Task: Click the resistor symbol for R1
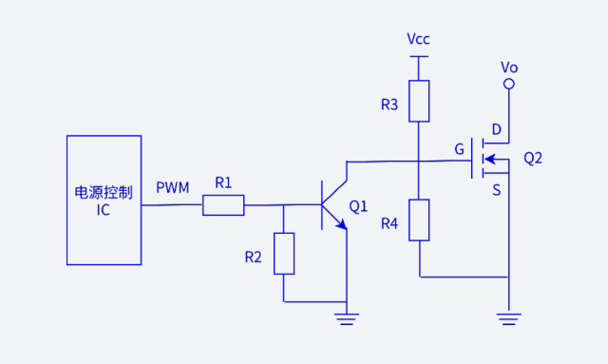pos(223,204)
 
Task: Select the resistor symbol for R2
pos(284,253)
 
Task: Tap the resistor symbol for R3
pos(419,102)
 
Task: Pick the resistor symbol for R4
pos(419,220)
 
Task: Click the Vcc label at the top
pos(418,39)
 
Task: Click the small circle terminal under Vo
pos(509,85)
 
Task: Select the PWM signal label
pos(173,187)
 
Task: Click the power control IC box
pos(104,200)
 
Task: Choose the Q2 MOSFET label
pos(533,158)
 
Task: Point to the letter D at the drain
pos(496,129)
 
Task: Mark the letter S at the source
pos(496,190)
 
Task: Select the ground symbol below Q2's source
pos(509,317)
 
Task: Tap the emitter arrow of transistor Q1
pos(340,223)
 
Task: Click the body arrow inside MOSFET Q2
pos(491,159)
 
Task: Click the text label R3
pos(389,105)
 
